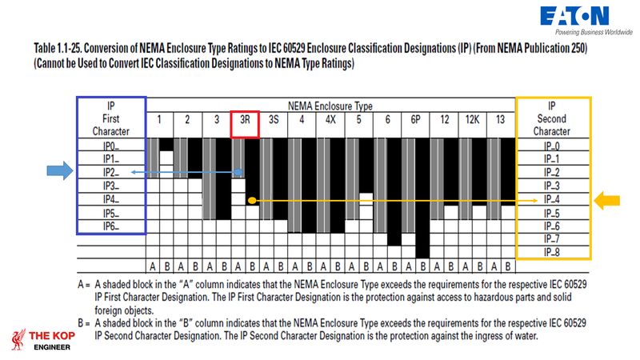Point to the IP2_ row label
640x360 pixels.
(x=111, y=172)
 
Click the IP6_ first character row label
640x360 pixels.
(x=111, y=226)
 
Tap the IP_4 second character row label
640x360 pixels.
(x=552, y=199)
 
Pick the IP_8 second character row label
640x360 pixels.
(x=552, y=252)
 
